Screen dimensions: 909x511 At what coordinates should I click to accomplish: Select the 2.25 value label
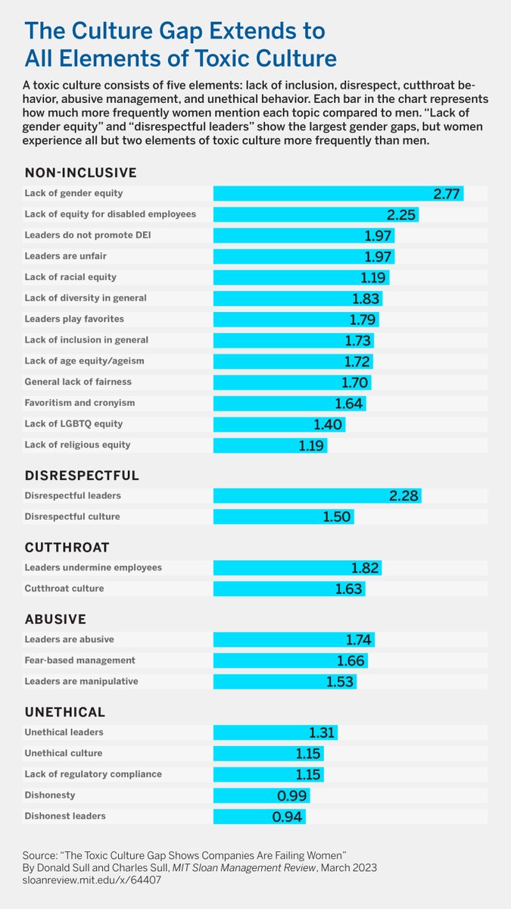click(x=400, y=215)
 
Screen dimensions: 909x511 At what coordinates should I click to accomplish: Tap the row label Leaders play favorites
click(x=74, y=319)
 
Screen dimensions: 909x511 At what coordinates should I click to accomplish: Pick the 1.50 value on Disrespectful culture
click(x=338, y=517)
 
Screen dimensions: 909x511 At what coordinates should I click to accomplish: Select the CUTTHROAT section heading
click(x=68, y=547)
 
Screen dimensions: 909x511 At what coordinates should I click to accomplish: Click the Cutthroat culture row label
click(x=64, y=589)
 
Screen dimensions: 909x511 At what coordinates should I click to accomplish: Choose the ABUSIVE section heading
click(x=55, y=619)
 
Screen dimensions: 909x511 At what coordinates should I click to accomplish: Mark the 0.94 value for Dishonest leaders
click(x=288, y=817)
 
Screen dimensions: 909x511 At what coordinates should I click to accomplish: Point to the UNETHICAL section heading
click(x=65, y=712)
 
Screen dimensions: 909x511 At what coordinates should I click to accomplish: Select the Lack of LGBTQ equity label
click(x=73, y=423)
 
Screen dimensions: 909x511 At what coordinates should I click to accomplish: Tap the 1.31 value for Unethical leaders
click(x=322, y=733)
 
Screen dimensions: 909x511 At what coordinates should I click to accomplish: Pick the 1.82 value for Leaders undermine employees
click(x=365, y=568)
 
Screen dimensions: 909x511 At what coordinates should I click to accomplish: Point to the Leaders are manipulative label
click(x=81, y=682)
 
